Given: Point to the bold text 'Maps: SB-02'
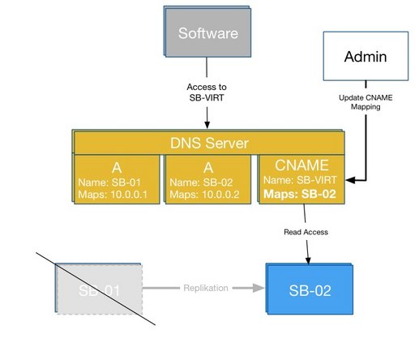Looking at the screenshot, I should tap(299, 195).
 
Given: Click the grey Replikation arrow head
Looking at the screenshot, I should tap(261, 288).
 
